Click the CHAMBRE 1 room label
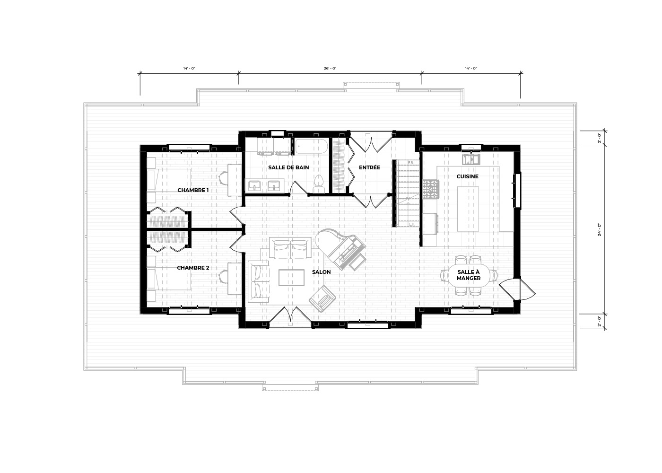point(193,190)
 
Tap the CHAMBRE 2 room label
point(193,268)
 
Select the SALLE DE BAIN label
point(288,167)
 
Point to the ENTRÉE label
point(369,167)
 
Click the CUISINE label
point(467,176)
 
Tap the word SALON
point(321,272)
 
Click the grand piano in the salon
point(340,249)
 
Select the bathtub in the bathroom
point(312,147)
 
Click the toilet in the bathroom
point(319,184)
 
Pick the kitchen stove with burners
point(431,189)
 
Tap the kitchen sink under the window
point(471,159)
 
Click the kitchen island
point(468,209)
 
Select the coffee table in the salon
point(291,278)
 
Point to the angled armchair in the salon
point(322,299)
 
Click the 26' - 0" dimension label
point(330,69)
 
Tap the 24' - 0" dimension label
point(600,230)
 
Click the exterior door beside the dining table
point(517,289)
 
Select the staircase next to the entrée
point(408,193)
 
